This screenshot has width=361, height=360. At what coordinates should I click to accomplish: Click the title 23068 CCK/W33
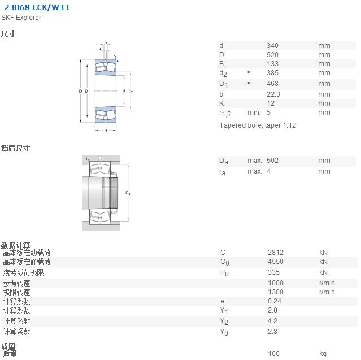(37, 7)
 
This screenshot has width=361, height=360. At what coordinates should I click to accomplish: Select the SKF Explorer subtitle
(21, 18)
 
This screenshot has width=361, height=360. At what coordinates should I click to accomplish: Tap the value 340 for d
(273, 46)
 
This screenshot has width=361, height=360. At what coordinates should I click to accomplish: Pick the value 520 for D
(273, 55)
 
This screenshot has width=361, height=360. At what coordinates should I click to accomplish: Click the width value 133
(273, 64)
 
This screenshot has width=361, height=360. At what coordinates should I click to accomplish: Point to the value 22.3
(273, 94)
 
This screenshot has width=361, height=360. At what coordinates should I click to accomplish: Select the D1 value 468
(273, 84)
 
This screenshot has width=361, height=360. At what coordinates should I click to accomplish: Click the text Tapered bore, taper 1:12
(258, 125)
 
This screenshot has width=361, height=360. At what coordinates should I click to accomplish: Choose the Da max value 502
(273, 161)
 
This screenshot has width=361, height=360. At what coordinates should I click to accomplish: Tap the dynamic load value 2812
(276, 253)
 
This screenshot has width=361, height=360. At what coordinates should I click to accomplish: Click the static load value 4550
(276, 262)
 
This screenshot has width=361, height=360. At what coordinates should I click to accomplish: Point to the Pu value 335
(274, 272)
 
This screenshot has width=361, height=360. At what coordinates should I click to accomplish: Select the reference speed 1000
(276, 283)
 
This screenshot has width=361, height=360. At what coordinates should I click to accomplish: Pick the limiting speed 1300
(276, 292)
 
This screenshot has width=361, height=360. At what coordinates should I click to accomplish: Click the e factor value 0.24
(275, 301)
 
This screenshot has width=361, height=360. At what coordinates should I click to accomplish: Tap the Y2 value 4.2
(273, 321)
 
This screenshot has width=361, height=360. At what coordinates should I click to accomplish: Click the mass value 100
(274, 354)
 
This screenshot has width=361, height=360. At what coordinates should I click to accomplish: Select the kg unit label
(323, 354)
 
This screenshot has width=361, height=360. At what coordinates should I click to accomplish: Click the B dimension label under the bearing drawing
(106, 131)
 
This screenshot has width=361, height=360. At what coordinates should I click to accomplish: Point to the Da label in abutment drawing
(128, 193)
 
